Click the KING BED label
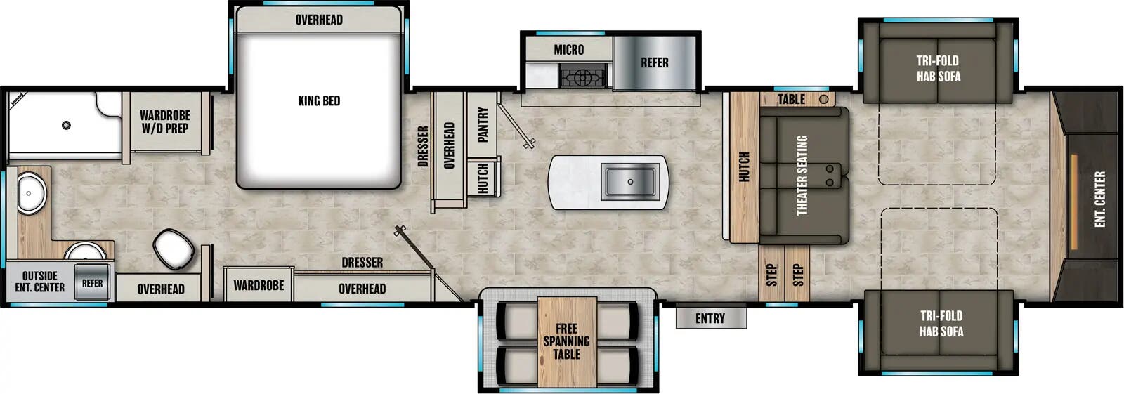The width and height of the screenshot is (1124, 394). tap(318, 100)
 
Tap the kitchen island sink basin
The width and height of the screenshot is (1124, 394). tap(630, 181)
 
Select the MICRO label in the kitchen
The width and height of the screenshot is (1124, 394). tap(568, 50)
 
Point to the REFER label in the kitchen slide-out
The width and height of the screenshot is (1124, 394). tap(654, 63)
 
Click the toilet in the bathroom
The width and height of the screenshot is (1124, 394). tap(174, 248)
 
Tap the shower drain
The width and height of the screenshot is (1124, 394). tap(66, 125)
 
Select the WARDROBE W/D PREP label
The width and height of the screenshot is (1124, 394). tap(164, 122)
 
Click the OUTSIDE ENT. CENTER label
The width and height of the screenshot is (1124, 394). tap(39, 282)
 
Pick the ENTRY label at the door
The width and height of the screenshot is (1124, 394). tap(710, 318)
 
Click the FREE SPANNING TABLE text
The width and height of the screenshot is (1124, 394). tap(566, 341)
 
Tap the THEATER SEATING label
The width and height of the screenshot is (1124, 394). tap(802, 176)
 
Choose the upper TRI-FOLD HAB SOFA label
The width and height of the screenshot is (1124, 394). tap(938, 69)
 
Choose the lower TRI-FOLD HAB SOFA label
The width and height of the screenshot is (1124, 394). tap(941, 324)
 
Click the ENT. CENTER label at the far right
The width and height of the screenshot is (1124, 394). tap(1099, 199)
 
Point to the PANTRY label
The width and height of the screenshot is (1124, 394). tap(483, 124)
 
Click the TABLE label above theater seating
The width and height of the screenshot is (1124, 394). tap(791, 99)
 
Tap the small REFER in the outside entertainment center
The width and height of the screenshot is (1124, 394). tap(92, 283)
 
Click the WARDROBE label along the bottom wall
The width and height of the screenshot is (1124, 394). tap(259, 285)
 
